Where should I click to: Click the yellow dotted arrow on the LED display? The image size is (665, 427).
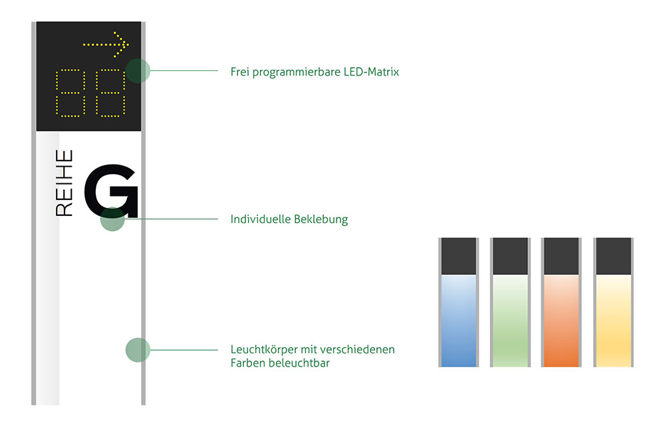click(106, 44)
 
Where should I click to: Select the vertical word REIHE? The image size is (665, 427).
click(64, 183)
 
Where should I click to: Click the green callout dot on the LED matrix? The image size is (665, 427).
click(138, 71)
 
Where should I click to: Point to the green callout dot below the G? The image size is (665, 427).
click(112, 219)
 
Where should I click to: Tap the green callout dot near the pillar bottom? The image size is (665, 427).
click(138, 350)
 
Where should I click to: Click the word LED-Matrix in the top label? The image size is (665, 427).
click(371, 72)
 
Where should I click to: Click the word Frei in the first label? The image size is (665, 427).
click(239, 72)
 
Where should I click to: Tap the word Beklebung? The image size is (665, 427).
click(321, 219)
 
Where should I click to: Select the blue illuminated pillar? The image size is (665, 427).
click(458, 302)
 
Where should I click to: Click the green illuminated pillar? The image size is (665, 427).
click(510, 302)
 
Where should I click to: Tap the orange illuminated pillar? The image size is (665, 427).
click(561, 302)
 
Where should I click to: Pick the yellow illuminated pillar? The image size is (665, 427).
click(613, 302)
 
